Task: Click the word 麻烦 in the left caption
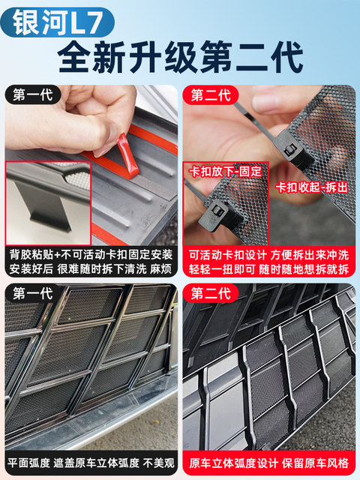160,268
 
